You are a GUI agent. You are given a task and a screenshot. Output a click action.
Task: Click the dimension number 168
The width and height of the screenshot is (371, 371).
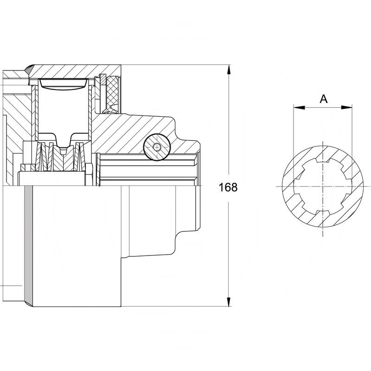click(x=228, y=187)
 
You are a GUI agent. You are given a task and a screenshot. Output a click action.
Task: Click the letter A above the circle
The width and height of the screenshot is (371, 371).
click(x=323, y=98)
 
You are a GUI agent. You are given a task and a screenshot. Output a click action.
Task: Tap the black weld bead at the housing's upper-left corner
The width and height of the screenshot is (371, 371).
click(x=29, y=69)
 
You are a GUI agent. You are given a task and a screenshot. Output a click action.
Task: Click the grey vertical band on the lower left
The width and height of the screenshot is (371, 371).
click(x=28, y=246)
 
